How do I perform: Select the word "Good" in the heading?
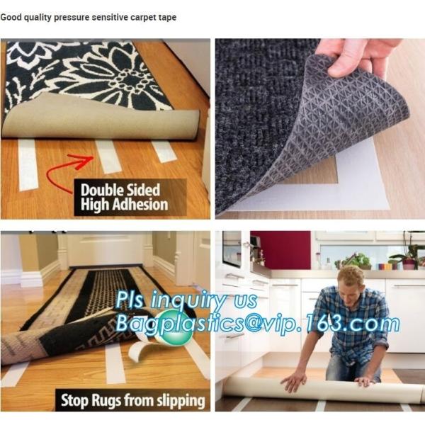11,17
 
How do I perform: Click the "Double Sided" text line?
120,191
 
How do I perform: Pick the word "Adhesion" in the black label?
144,205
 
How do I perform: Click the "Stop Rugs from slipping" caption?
132,401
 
